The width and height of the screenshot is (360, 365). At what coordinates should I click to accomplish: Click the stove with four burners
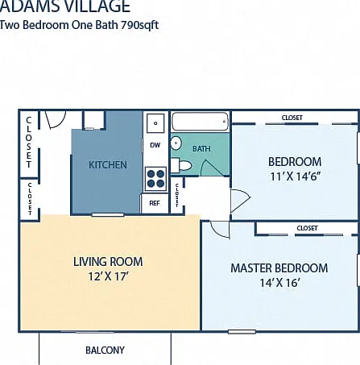(x=155, y=179)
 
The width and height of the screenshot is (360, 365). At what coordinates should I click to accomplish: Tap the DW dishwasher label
(x=155, y=145)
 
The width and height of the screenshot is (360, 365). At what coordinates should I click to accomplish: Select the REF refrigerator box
(x=155, y=203)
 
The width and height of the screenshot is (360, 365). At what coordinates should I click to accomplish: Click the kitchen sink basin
(x=155, y=123)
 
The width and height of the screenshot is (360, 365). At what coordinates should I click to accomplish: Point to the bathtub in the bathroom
(x=200, y=122)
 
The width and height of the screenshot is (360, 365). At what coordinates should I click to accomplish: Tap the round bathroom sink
(x=176, y=143)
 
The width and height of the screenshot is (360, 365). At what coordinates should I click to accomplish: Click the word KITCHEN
(x=108, y=165)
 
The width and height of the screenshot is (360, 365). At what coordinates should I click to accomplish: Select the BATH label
(x=201, y=149)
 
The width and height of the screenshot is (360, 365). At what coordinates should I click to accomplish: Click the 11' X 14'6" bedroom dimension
(x=296, y=176)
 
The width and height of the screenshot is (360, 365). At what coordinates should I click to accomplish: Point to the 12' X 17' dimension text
(x=108, y=276)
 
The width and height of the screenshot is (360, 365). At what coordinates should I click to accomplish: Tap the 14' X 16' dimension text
(x=279, y=283)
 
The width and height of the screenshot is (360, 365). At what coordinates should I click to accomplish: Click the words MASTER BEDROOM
(x=279, y=268)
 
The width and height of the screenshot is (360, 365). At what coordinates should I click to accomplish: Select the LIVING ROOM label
(x=108, y=262)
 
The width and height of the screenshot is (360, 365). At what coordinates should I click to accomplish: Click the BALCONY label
(x=105, y=350)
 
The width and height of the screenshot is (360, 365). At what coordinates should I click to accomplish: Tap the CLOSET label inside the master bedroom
(x=307, y=228)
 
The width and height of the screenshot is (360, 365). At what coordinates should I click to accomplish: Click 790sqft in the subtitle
(x=139, y=25)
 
